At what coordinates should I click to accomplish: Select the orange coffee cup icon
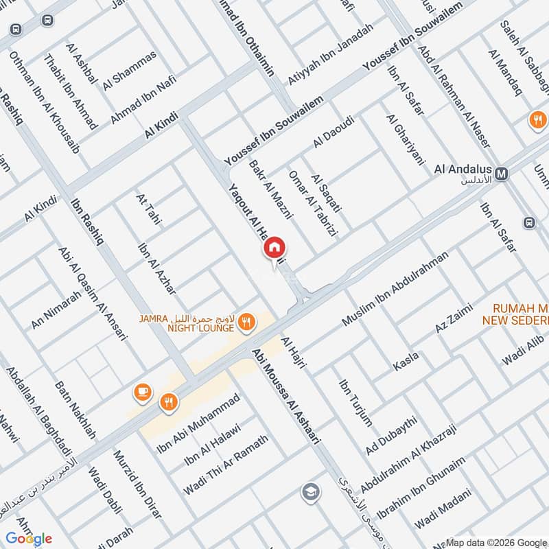point(143,392)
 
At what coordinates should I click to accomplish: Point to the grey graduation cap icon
point(310,491)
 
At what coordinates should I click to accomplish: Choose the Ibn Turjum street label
point(355,401)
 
